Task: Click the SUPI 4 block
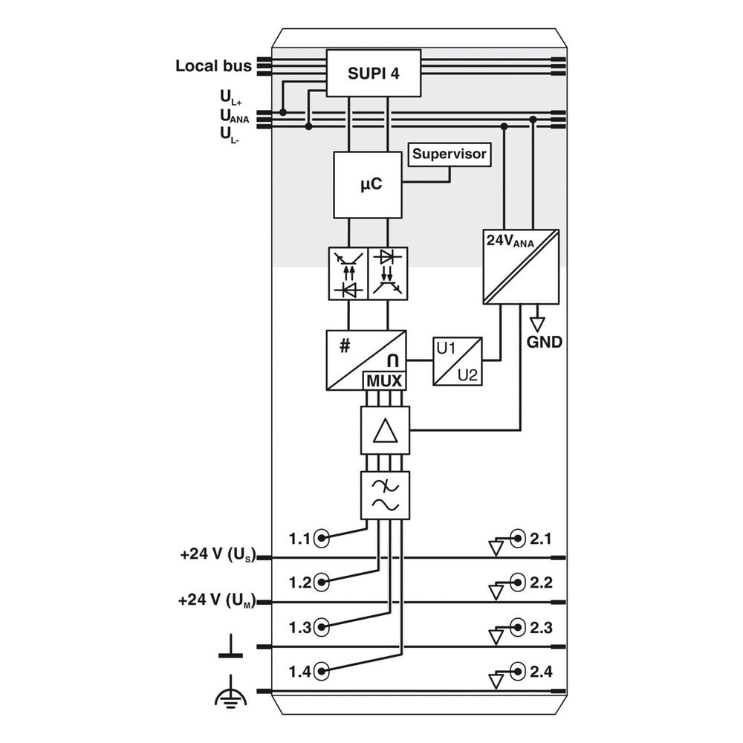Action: (374, 73)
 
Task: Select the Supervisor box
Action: (450, 154)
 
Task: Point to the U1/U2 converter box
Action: (458, 362)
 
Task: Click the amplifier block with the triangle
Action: (384, 430)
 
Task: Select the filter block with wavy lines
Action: (384, 495)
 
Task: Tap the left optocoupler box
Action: (348, 273)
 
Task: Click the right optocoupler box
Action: (387, 273)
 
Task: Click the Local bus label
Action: (213, 65)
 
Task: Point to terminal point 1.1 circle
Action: (322, 538)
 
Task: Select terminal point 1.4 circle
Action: (322, 672)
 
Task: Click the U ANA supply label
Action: (234, 115)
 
